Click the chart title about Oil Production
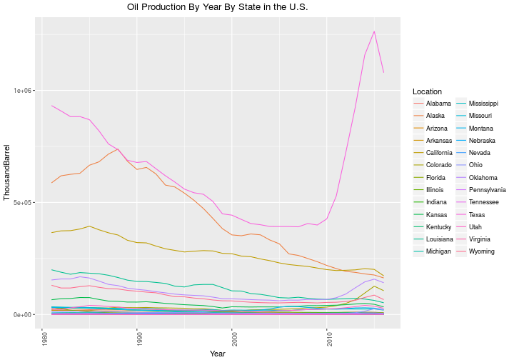click(217, 7)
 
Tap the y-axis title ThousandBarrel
click(7, 172)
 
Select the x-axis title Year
click(218, 354)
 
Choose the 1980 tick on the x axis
click(42, 339)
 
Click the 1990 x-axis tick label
click(137, 339)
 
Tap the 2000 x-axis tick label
click(232, 339)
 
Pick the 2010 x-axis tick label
click(327, 339)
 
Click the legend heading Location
click(427, 91)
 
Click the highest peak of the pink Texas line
click(374, 31)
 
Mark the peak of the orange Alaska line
click(118, 149)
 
